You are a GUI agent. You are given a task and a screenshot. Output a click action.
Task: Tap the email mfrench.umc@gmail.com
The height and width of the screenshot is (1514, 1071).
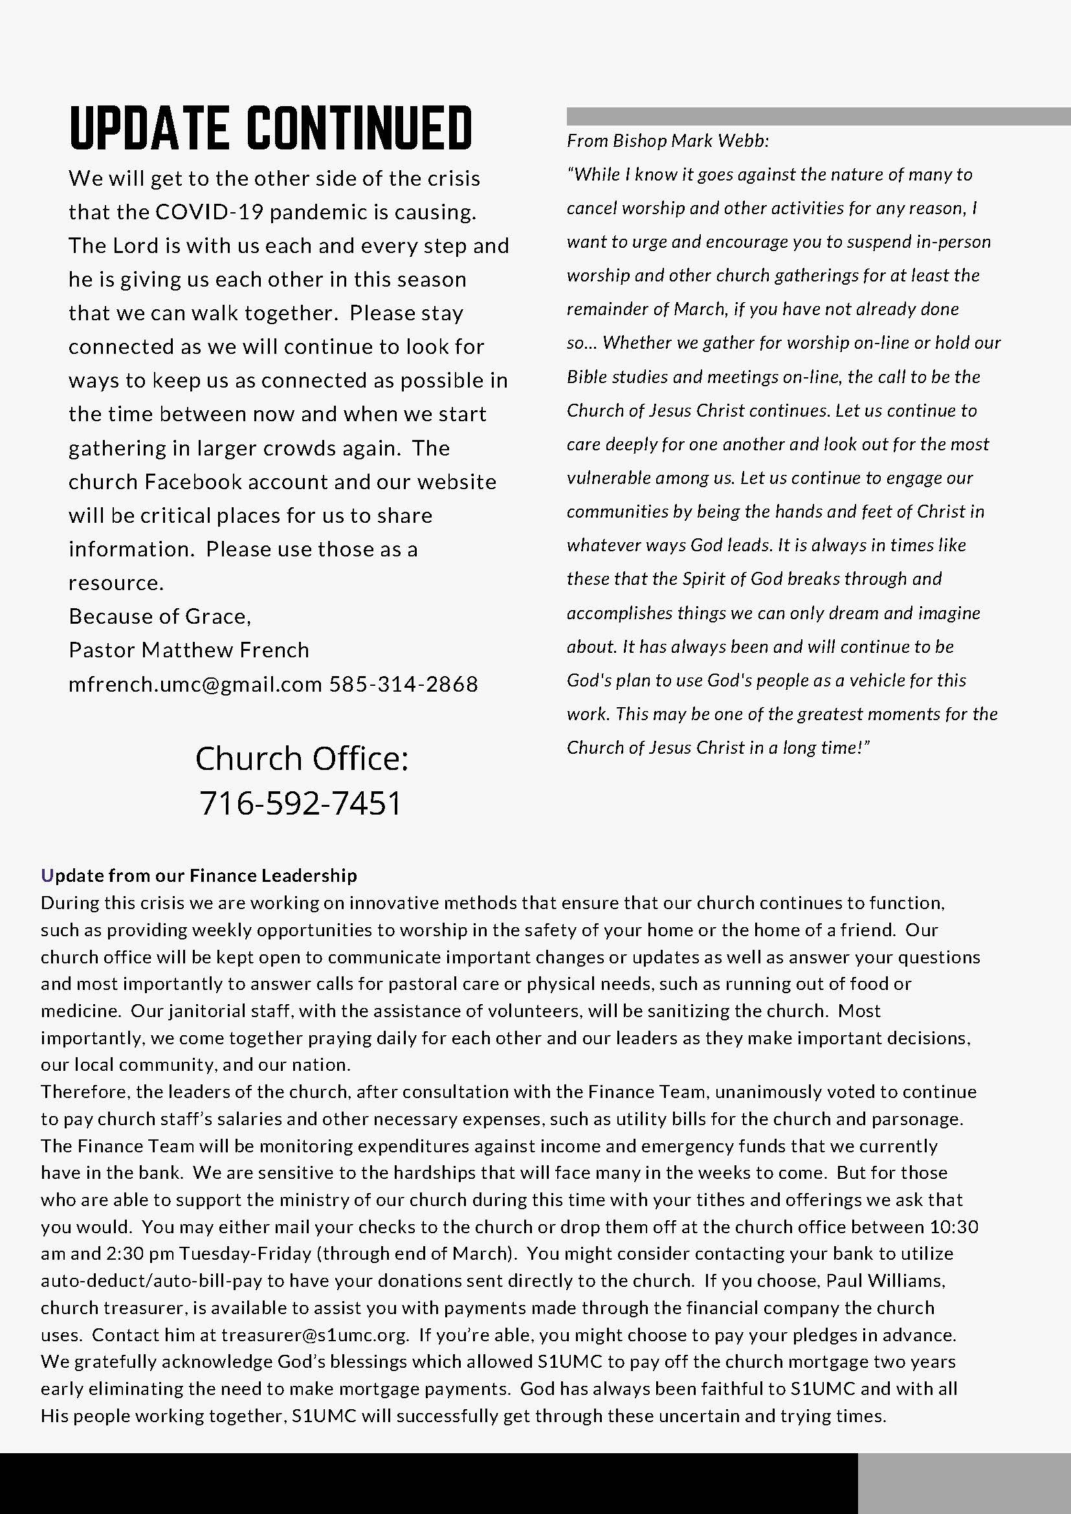tap(195, 685)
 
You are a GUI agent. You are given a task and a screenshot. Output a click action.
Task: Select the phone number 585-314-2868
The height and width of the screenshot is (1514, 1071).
tap(404, 685)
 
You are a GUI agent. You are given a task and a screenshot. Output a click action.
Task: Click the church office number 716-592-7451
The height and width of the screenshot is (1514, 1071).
tap(301, 803)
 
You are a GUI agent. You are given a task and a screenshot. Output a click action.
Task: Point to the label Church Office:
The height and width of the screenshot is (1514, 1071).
tap(302, 758)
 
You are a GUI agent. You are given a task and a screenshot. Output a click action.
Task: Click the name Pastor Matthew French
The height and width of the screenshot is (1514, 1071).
tap(188, 650)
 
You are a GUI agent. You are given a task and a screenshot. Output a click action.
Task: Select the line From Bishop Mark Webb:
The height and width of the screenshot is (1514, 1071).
tap(668, 140)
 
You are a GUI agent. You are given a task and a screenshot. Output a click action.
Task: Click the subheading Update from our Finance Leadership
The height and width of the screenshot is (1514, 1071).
tap(199, 875)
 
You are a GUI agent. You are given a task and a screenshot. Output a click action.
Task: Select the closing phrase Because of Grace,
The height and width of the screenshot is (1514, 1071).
tap(160, 617)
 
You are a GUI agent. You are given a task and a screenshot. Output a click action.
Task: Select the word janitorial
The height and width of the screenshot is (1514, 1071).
tap(211, 1011)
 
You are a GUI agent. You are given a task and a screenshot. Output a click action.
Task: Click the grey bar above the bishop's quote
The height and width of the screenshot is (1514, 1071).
tap(818, 116)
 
